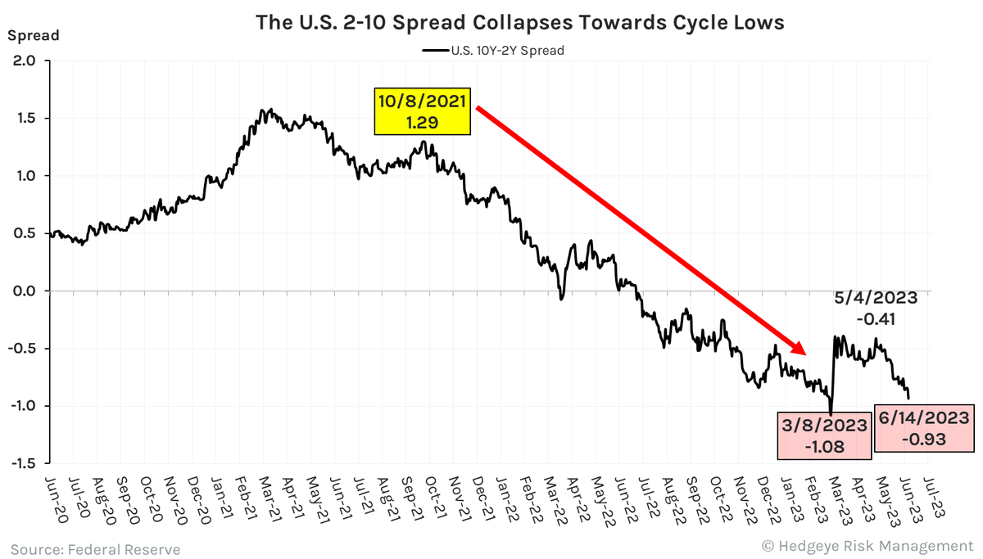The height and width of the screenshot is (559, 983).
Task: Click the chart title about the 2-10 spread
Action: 520,22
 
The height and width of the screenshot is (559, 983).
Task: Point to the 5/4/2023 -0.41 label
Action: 877,307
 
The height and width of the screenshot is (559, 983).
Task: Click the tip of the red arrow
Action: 807,354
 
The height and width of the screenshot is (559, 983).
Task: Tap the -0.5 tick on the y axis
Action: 25,349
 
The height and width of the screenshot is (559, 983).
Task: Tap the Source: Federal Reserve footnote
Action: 95,548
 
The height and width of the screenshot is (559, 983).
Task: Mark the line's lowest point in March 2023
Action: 831,413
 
